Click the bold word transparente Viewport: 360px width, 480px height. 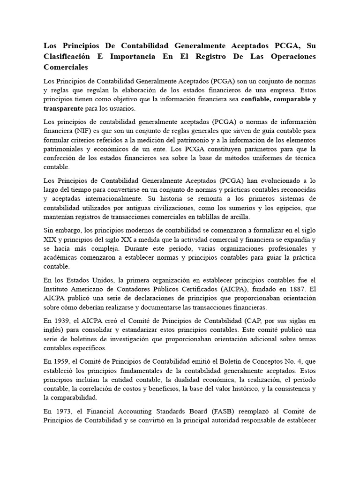pyautogui.click(x=63, y=108)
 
